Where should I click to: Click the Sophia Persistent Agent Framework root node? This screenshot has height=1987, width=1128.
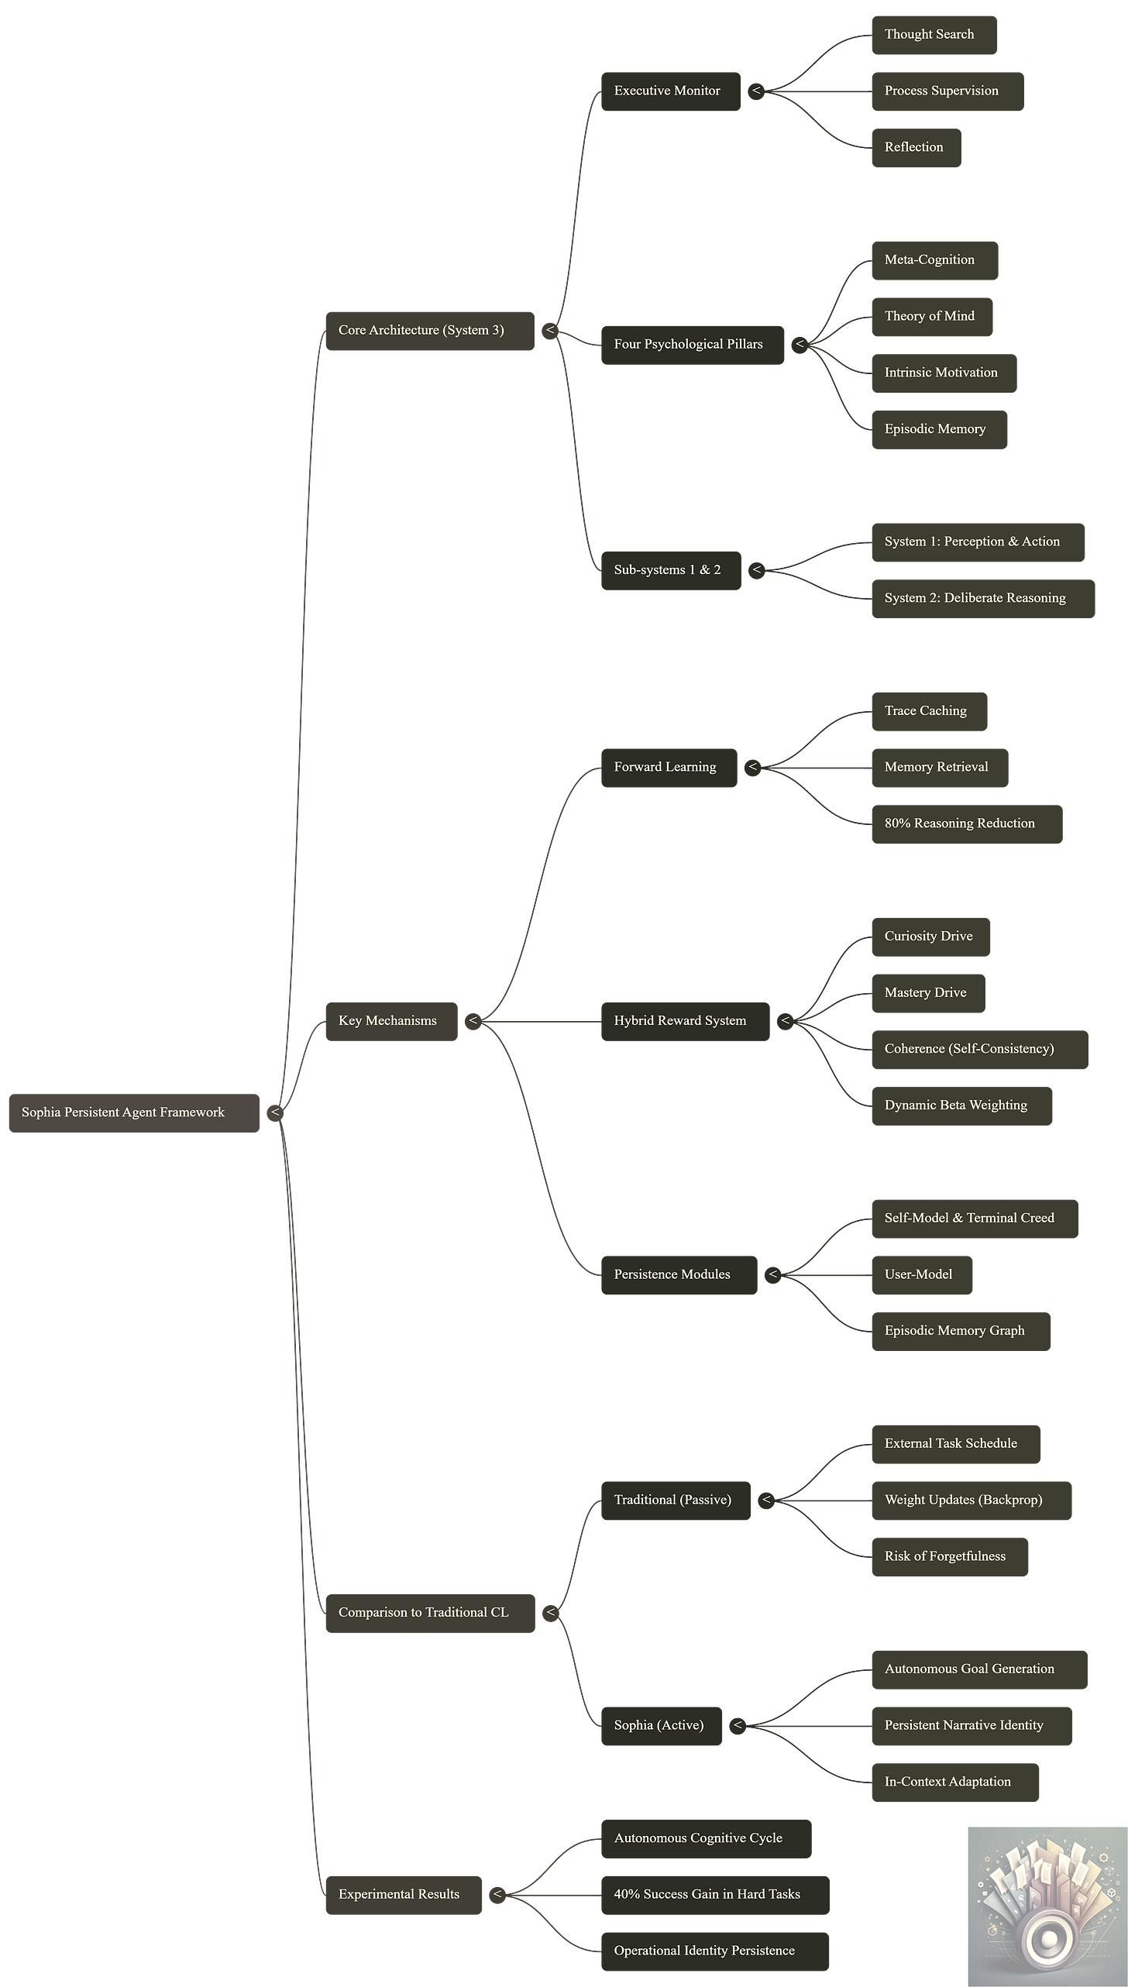pos(134,1112)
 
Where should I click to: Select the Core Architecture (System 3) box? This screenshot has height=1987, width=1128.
pos(429,330)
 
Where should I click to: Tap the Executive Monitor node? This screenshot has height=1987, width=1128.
pos(670,91)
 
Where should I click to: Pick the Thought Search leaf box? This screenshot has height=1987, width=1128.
pos(934,34)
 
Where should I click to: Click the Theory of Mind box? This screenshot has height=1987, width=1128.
pos(931,316)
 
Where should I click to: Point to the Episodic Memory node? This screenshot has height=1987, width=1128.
pos(939,428)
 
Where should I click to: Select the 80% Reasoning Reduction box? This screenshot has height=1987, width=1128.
pos(965,823)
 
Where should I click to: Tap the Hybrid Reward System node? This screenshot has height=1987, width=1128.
pos(685,1020)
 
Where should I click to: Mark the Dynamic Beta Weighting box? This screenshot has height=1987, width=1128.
pos(961,1105)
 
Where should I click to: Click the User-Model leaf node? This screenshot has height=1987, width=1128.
pos(921,1274)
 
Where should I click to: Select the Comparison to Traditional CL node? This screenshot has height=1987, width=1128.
pos(429,1612)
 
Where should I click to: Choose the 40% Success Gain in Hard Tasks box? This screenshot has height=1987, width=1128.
pos(714,1894)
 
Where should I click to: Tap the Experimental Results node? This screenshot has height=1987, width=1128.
pos(403,1894)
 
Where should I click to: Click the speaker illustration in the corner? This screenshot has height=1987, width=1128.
pos(1046,1905)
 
